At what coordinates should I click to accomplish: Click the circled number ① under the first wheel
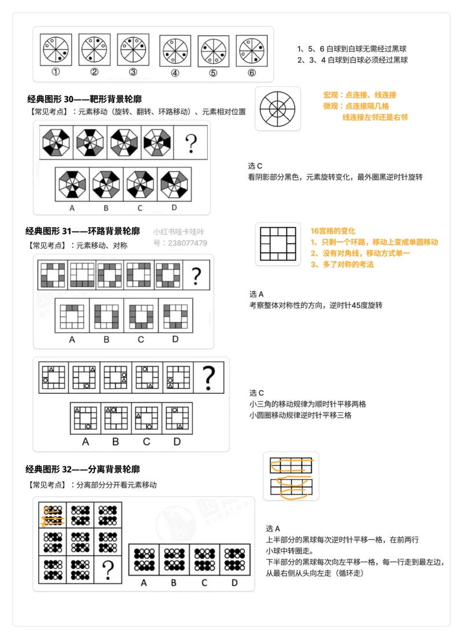click(x=56, y=72)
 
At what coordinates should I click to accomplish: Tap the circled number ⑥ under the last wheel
click(x=251, y=73)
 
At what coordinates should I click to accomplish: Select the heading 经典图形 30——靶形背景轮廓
click(x=83, y=99)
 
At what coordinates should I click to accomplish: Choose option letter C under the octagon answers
click(x=141, y=207)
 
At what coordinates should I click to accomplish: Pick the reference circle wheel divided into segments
click(x=277, y=109)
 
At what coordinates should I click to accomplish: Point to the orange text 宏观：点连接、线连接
click(x=359, y=94)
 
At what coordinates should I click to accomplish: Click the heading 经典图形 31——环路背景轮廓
click(x=83, y=231)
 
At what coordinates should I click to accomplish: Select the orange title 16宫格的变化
click(x=333, y=231)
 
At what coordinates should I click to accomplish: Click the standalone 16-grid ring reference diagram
click(x=278, y=243)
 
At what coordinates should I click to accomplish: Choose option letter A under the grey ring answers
click(x=72, y=339)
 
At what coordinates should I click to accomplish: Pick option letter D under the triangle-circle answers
click(x=177, y=441)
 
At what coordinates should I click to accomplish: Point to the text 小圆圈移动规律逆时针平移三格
click(x=300, y=415)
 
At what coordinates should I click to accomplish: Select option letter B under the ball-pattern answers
click(x=174, y=582)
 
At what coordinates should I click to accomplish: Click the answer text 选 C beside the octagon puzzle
click(x=255, y=166)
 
